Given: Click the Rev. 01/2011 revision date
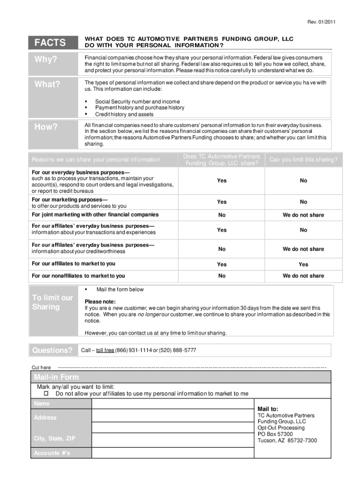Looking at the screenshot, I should tap(321, 22).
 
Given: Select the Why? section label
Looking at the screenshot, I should tap(45, 60).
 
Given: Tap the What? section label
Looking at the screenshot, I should tap(47, 84).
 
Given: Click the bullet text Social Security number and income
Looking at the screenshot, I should tap(137, 102).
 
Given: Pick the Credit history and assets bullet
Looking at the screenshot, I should tap(124, 114).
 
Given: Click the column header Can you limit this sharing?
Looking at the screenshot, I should tap(303, 160).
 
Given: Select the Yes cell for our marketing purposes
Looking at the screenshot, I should tap(222, 202).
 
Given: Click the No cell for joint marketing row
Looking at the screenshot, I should tap(222, 215).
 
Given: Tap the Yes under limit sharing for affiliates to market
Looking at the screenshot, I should tap(303, 264).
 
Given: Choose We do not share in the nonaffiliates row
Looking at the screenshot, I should tap(303, 276).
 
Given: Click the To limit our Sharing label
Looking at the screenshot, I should tap(52, 302).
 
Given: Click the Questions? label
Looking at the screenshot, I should tap(52, 350).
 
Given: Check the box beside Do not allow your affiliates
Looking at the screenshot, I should tap(47, 394).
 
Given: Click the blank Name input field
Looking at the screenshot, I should tap(172, 404).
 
